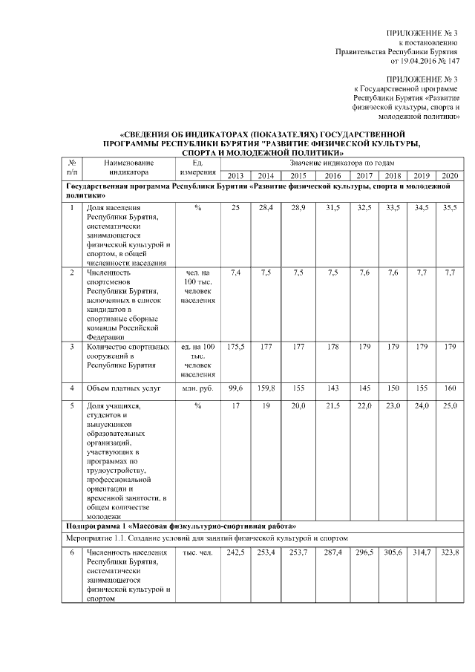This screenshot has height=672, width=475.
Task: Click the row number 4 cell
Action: point(72,388)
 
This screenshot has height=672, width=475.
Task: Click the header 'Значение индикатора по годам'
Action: point(342,162)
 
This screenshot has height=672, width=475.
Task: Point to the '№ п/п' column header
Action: point(72,168)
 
